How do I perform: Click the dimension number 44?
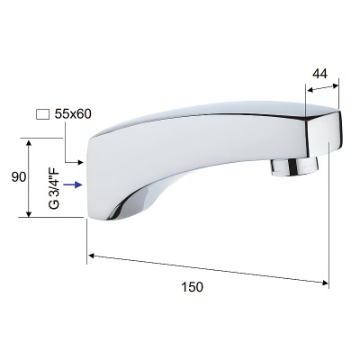[x=319, y=74]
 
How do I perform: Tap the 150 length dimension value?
[x=192, y=287]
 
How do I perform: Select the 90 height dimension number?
[x=19, y=177]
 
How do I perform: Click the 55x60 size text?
[x=73, y=114]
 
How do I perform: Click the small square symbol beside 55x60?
[x=42, y=114]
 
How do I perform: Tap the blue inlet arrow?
[x=73, y=184]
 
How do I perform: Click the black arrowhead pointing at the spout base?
[x=80, y=162]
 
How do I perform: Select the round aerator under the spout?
[x=294, y=167]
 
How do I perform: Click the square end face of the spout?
[x=325, y=134]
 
